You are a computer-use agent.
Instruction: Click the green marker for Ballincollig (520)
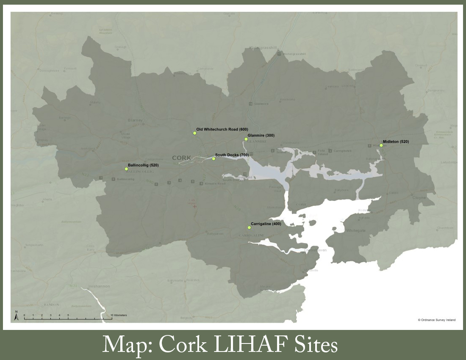[126, 169]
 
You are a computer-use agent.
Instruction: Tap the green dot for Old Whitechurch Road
[195, 133]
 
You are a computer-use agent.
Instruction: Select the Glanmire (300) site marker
[246, 139]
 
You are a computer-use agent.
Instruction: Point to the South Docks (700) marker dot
[214, 159]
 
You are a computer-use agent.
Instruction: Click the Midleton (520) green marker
[381, 145]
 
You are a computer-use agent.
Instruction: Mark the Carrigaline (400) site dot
[249, 227]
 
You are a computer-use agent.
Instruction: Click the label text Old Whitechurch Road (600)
[222, 129]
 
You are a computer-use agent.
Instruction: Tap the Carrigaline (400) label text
[266, 224]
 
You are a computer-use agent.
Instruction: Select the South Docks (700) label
[232, 155]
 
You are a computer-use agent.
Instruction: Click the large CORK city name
[182, 158]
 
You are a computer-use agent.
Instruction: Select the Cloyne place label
[419, 198]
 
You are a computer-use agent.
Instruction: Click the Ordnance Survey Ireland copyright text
[436, 320]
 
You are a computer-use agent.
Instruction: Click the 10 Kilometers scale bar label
[119, 316]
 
